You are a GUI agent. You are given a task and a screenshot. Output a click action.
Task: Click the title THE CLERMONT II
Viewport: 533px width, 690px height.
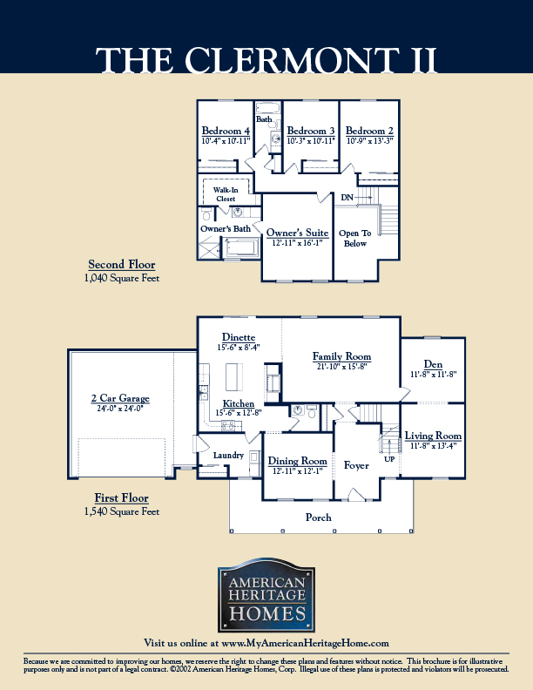point(266,60)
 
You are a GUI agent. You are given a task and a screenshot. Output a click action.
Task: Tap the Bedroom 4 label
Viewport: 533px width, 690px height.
point(226,131)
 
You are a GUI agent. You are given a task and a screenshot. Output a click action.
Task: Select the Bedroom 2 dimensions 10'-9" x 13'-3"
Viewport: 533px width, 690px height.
point(370,141)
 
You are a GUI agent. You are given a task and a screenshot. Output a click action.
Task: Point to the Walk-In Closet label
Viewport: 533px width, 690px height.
point(226,194)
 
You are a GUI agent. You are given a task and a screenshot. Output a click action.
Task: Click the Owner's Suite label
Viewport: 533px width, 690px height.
point(297,233)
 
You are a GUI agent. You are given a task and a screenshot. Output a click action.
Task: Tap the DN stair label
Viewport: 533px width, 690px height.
point(347,198)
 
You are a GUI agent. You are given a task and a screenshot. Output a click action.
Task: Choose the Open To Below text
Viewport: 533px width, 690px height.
point(354,238)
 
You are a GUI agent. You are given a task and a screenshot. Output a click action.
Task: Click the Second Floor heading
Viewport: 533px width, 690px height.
point(122,265)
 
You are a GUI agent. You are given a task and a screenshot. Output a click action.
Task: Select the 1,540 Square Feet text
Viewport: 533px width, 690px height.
point(122,511)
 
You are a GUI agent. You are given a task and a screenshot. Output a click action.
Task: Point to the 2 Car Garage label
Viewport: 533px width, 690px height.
point(120,398)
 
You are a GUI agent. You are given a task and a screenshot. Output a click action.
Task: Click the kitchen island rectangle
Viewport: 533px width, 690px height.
point(234,376)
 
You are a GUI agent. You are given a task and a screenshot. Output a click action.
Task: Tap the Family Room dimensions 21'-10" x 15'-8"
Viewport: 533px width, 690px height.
point(341,366)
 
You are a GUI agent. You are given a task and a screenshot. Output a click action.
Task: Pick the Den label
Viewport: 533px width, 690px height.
point(433,364)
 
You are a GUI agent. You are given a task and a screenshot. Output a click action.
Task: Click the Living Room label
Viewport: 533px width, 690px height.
point(433,436)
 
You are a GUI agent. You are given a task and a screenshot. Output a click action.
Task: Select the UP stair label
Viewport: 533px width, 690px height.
point(389,459)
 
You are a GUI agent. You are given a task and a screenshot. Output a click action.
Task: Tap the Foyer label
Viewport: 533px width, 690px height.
point(356,465)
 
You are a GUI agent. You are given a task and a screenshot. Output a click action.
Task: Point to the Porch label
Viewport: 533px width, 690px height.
point(319,517)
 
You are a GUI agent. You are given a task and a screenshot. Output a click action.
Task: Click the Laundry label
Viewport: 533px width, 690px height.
point(228,456)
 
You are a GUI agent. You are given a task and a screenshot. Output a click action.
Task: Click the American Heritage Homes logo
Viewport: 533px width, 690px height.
point(266,595)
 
